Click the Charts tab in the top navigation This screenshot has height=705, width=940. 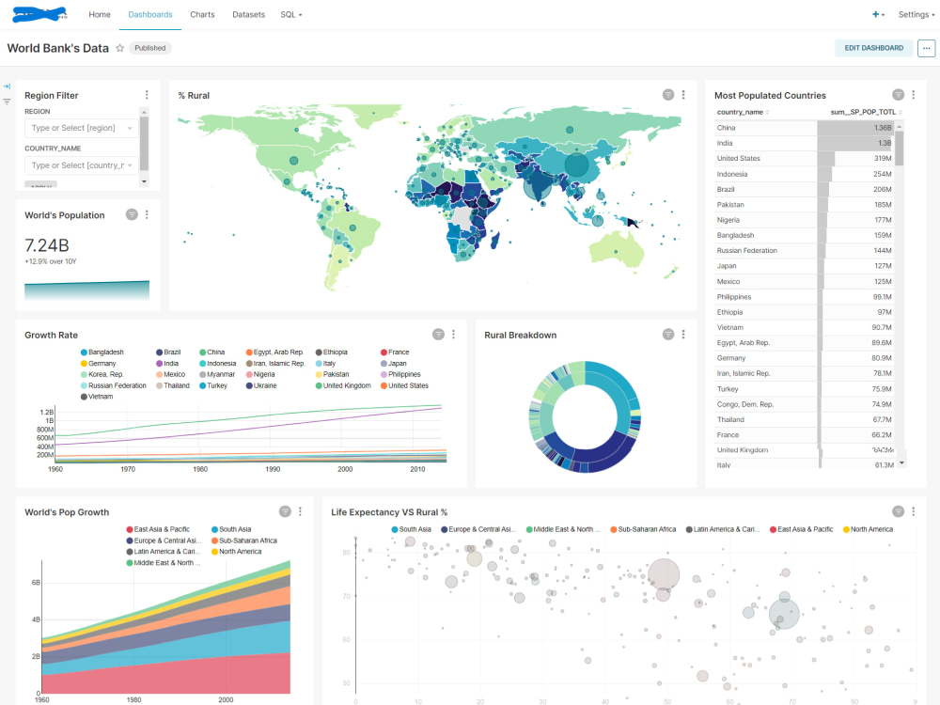click(x=202, y=15)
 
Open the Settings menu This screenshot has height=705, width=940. click(x=916, y=15)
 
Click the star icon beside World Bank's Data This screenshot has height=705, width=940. click(x=120, y=48)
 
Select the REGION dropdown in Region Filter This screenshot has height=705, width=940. click(x=82, y=128)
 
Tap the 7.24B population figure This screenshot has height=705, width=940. click(x=47, y=245)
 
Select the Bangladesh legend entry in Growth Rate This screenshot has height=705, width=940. click(x=106, y=352)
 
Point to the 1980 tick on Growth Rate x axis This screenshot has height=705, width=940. click(x=200, y=468)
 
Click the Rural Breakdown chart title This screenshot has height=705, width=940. click(x=520, y=336)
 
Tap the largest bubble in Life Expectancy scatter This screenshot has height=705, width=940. click(x=664, y=573)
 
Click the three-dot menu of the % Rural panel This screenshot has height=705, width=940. click(x=683, y=95)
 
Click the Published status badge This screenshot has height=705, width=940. click(x=149, y=48)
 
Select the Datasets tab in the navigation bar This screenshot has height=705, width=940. click(x=248, y=15)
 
